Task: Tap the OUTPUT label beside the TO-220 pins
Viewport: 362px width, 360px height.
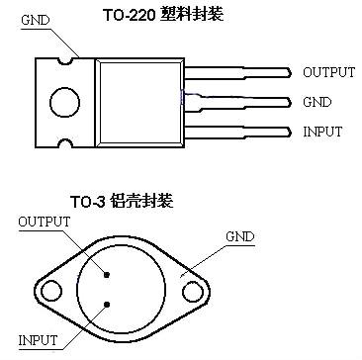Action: coord(328,72)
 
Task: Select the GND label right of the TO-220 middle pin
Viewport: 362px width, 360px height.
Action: coord(317,102)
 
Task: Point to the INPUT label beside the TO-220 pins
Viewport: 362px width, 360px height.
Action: coord(323,132)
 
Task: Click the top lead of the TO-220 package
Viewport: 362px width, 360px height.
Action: coord(237,72)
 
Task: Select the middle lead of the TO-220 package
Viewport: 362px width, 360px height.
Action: coord(237,102)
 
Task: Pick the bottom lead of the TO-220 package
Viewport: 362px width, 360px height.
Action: coord(237,132)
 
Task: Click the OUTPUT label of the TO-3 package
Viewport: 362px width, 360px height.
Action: coord(45,223)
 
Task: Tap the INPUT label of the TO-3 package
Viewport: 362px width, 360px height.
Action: coord(39,340)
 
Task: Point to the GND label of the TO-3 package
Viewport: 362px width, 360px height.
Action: coord(240,237)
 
